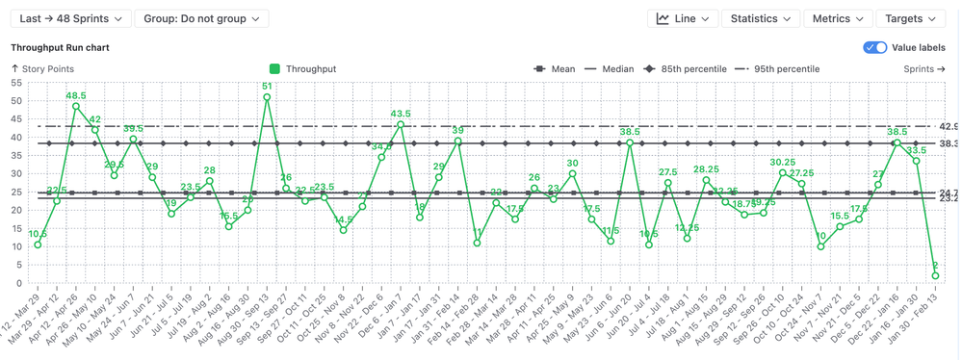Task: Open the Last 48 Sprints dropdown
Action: point(70,18)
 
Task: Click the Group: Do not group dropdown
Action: point(201,18)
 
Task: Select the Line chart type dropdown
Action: point(683,18)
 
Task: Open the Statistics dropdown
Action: point(760,18)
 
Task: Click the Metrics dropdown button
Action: point(837,18)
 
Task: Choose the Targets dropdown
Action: point(910,18)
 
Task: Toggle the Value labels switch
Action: point(875,47)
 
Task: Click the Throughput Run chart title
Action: point(60,47)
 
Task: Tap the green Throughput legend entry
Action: point(303,69)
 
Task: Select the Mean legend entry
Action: point(555,69)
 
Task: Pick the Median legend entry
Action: point(610,69)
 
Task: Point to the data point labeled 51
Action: point(267,97)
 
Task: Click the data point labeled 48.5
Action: point(76,107)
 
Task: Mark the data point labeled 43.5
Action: point(401,125)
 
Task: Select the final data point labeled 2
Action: point(935,276)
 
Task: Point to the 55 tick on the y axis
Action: point(16,84)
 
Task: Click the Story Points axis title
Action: point(42,69)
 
